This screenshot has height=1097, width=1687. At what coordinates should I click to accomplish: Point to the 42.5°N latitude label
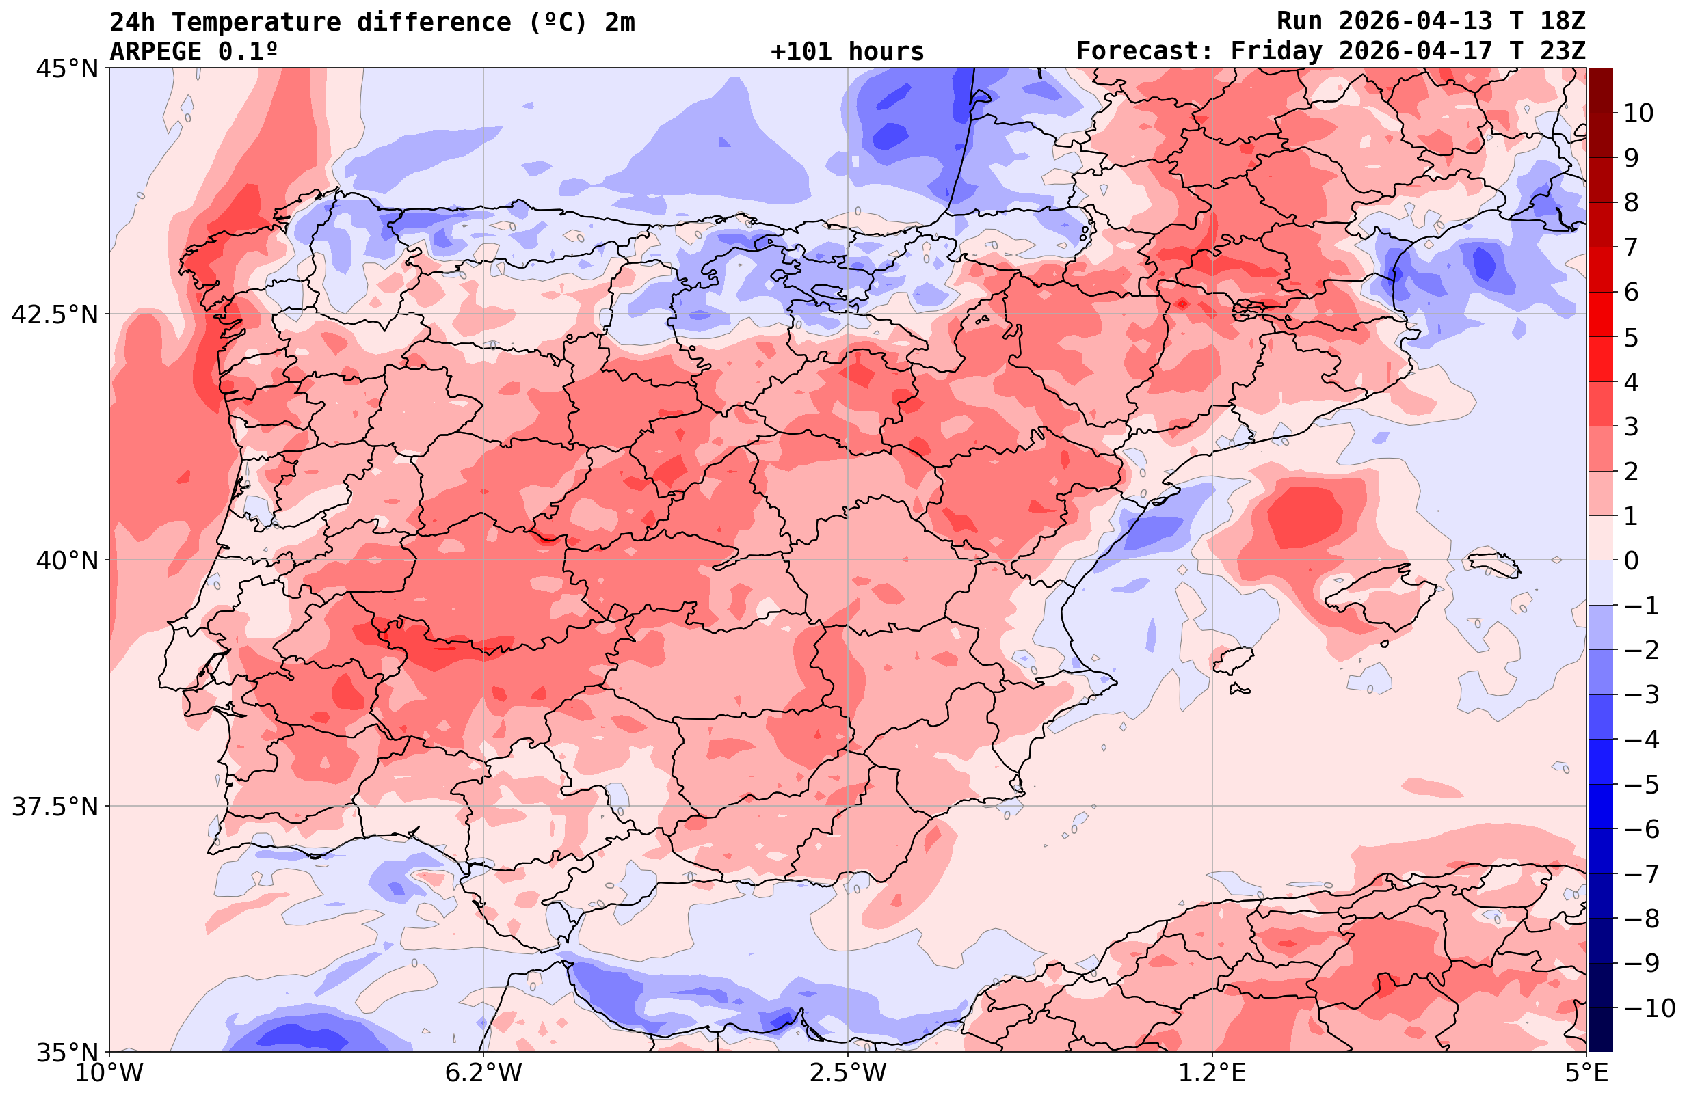(x=54, y=314)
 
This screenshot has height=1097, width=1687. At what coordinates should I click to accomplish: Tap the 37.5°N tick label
(x=54, y=807)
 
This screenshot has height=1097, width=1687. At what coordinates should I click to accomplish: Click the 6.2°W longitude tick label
(x=483, y=1072)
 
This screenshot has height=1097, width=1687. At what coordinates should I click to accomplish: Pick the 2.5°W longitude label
(x=848, y=1072)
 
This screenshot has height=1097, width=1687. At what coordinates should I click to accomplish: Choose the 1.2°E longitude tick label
(x=1212, y=1072)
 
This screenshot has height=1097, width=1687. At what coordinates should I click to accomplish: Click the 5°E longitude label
(x=1586, y=1072)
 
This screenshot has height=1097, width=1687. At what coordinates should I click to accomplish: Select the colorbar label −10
(x=1649, y=1007)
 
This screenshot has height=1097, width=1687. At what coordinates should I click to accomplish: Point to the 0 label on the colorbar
(x=1631, y=560)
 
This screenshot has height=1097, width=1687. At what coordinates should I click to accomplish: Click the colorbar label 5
(x=1631, y=338)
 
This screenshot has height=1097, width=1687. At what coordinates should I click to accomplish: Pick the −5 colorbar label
(x=1640, y=785)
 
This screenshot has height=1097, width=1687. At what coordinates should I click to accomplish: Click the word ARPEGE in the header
(x=155, y=52)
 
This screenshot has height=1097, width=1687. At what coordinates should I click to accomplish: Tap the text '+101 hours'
(x=847, y=52)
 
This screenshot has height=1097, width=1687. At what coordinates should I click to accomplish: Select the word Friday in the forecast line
(x=1277, y=52)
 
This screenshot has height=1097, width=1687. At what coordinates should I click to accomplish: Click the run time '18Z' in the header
(x=1563, y=21)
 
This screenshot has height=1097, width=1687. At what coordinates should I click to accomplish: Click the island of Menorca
(x=1494, y=564)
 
